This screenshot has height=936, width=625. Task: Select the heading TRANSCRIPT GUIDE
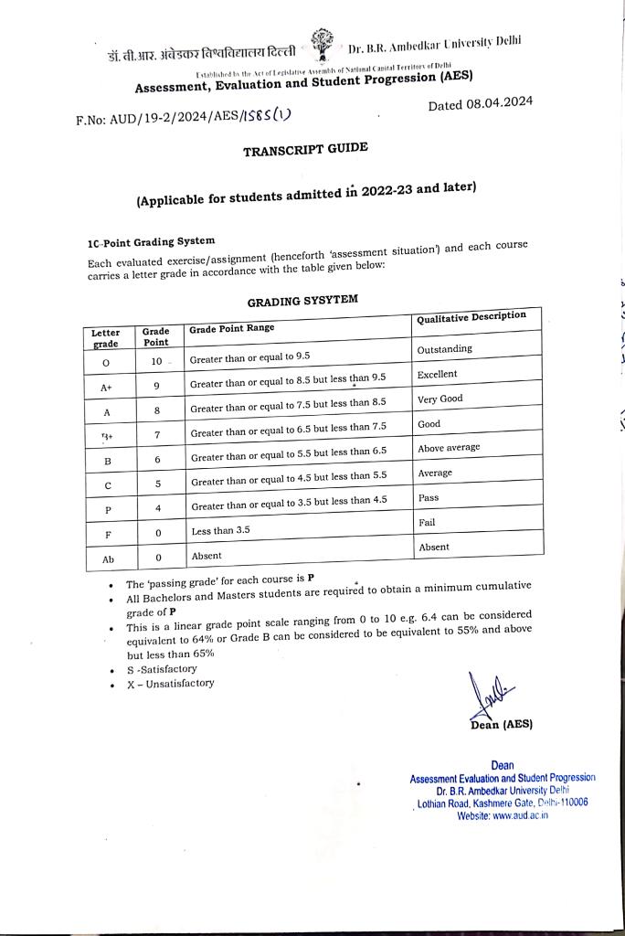(305, 150)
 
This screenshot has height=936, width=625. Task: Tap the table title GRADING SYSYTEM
(302, 301)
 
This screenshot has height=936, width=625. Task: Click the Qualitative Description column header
(471, 316)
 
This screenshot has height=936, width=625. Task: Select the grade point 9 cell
(156, 387)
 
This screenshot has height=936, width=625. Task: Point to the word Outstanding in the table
(445, 349)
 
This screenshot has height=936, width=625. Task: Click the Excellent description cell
(438, 374)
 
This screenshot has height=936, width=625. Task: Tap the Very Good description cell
(440, 399)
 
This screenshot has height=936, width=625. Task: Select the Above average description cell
(449, 448)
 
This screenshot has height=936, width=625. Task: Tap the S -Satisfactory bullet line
(162, 668)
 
